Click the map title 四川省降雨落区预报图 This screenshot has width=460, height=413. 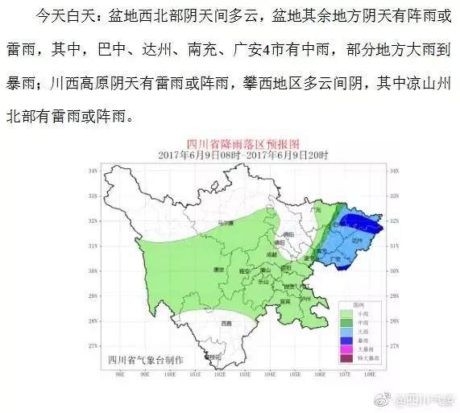pyautogui.click(x=236, y=142)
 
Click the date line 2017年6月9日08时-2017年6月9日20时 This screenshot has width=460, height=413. pyautogui.click(x=236, y=153)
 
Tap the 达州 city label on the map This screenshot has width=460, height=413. pyautogui.click(x=358, y=240)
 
